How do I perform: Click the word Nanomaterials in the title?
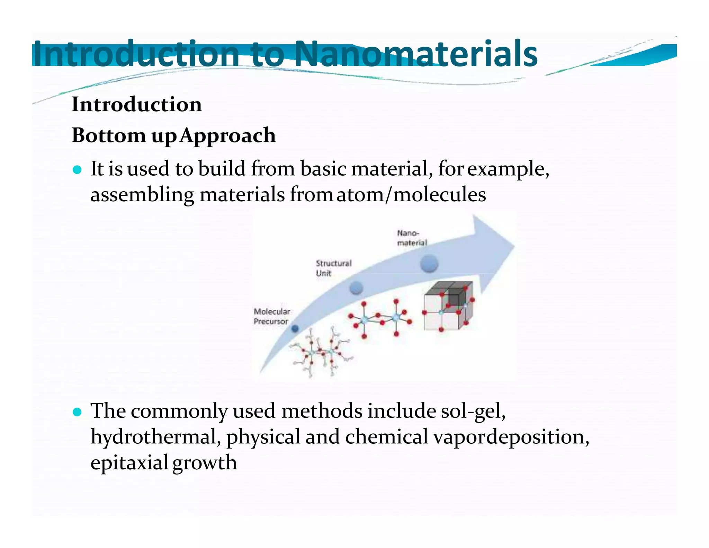click(x=415, y=54)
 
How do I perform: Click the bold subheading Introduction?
click(x=136, y=104)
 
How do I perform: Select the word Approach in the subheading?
click(x=227, y=135)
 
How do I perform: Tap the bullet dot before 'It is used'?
click(x=77, y=170)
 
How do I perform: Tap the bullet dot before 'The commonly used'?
click(x=77, y=412)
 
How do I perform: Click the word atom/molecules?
click(x=411, y=194)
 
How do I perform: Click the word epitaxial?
click(x=129, y=462)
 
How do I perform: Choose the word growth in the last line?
click(x=205, y=462)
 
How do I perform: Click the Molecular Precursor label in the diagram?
click(x=271, y=316)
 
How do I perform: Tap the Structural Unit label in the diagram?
click(x=333, y=268)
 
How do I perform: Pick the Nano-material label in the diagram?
click(x=412, y=238)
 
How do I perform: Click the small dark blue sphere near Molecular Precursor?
click(x=295, y=328)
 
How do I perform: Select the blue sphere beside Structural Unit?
click(x=356, y=288)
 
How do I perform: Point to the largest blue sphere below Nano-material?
click(x=429, y=264)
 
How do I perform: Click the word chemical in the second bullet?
click(x=387, y=437)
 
